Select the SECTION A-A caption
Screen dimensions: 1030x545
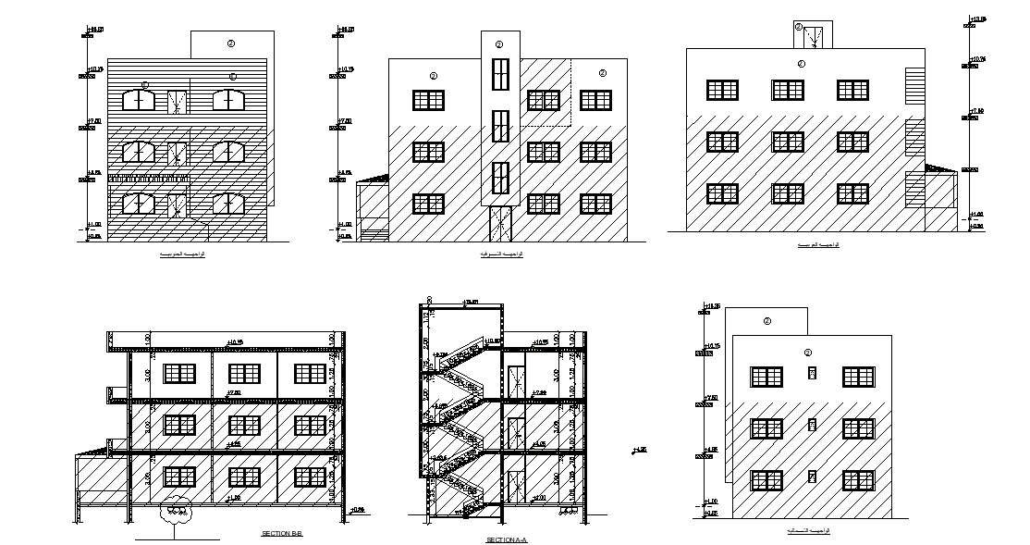point(506,539)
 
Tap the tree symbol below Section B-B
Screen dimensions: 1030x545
point(174,512)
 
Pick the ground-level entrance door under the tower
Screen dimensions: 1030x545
point(499,223)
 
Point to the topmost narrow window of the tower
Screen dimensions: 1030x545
point(499,75)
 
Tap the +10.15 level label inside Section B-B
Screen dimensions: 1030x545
point(235,341)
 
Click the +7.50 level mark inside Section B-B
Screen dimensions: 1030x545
point(235,393)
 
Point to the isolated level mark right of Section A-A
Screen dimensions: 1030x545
point(638,450)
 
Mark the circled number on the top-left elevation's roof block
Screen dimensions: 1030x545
point(231,43)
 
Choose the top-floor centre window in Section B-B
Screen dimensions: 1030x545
point(244,374)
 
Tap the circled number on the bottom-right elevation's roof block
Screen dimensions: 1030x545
point(766,321)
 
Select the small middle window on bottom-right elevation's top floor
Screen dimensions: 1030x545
point(812,372)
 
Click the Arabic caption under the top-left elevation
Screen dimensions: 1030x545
point(182,253)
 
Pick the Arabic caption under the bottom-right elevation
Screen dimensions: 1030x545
point(808,530)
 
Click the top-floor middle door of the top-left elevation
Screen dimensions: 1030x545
point(178,101)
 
